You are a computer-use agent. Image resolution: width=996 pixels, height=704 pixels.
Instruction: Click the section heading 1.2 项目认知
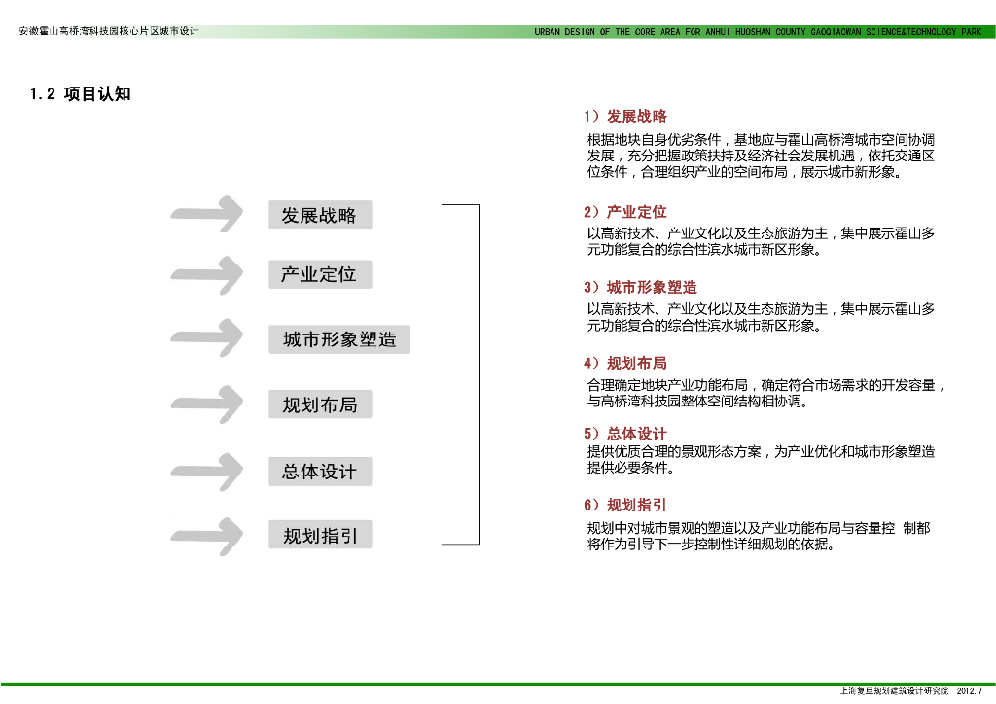click(x=81, y=94)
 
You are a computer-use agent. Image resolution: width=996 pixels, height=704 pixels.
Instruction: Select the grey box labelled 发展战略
click(x=320, y=215)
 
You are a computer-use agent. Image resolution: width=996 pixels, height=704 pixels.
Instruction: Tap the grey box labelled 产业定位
click(x=320, y=274)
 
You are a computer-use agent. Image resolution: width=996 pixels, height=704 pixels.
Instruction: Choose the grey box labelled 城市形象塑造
click(x=339, y=339)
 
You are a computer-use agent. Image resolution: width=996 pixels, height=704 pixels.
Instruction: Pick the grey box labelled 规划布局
click(x=320, y=405)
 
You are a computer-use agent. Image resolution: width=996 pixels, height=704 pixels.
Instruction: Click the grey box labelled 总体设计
click(x=320, y=472)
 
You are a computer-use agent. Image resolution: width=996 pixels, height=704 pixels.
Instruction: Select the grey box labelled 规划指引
click(x=320, y=535)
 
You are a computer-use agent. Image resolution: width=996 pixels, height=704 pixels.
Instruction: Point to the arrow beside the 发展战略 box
click(x=207, y=215)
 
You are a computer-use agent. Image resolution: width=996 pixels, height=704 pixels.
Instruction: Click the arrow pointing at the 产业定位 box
click(x=207, y=274)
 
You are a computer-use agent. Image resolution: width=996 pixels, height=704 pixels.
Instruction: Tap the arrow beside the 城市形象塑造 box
click(x=207, y=337)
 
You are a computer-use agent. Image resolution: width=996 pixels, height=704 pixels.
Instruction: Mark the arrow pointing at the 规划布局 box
click(x=207, y=404)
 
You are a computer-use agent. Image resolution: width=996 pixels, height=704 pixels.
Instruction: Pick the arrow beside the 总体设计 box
click(x=207, y=472)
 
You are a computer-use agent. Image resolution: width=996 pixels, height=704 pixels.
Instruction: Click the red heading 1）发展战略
click(x=625, y=117)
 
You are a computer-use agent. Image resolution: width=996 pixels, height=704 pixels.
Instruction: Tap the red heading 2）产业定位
click(x=625, y=212)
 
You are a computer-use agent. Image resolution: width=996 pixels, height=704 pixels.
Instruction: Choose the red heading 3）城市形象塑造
click(x=640, y=288)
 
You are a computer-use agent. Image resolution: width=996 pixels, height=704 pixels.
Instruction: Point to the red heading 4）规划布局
click(x=625, y=364)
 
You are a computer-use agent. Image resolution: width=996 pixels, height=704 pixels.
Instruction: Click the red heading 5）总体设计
click(x=625, y=434)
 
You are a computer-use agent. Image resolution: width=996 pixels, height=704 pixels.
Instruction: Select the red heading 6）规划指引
click(x=625, y=506)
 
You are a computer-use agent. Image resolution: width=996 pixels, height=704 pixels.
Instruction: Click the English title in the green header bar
click(x=758, y=32)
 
